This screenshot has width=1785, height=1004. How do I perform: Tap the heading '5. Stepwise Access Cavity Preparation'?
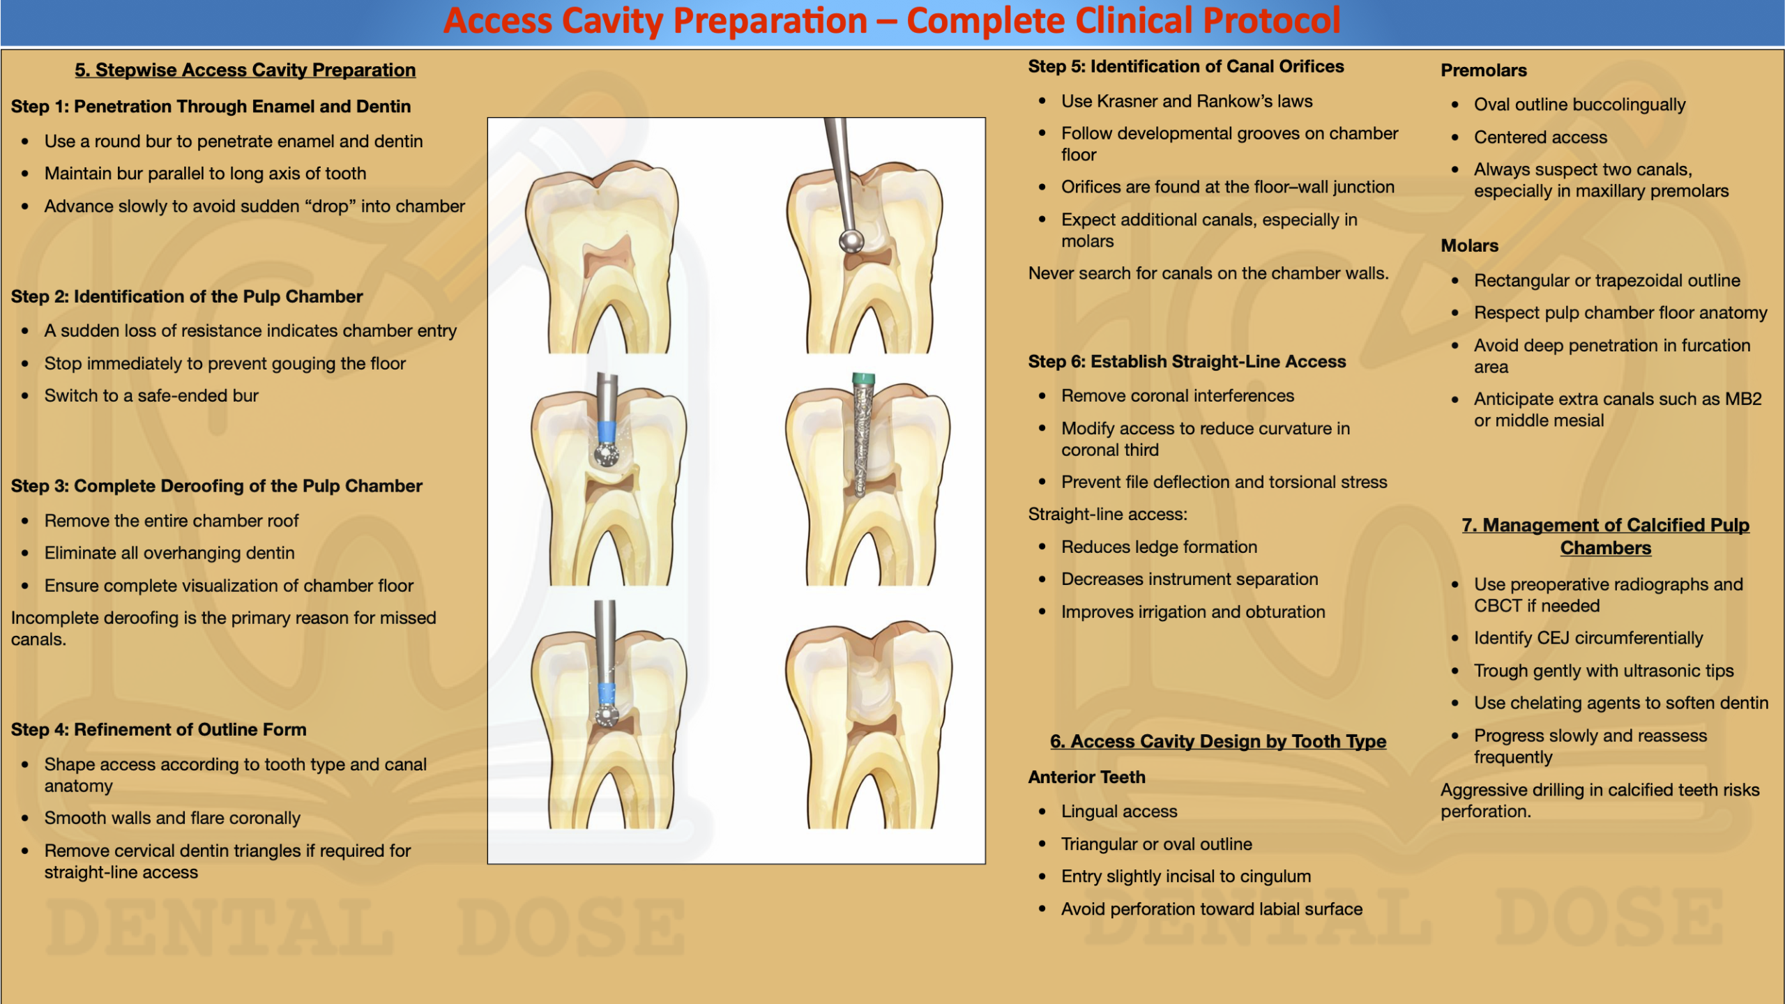click(x=245, y=70)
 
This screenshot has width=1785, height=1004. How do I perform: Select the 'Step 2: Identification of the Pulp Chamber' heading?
click(x=187, y=296)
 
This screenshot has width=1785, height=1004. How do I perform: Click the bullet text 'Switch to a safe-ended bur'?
click(x=151, y=395)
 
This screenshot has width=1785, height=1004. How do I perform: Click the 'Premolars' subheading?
click(x=1484, y=70)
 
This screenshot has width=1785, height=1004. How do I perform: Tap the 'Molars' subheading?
click(x=1470, y=245)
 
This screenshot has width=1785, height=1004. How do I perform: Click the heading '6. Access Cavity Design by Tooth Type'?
click(x=1218, y=741)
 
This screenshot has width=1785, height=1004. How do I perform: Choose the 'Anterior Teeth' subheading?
click(x=1087, y=777)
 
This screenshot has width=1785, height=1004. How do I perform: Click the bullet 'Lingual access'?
click(x=1119, y=811)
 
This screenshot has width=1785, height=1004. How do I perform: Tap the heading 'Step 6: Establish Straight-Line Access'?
click(x=1187, y=361)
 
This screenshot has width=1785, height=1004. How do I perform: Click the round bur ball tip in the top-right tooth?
click(x=851, y=241)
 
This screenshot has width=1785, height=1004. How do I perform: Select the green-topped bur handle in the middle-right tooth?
click(x=863, y=379)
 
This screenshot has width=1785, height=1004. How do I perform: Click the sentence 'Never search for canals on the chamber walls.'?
click(x=1208, y=273)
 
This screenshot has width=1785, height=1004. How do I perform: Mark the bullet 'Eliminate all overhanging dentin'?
click(x=169, y=553)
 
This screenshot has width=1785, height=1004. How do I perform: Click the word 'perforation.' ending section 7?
click(x=1486, y=812)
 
